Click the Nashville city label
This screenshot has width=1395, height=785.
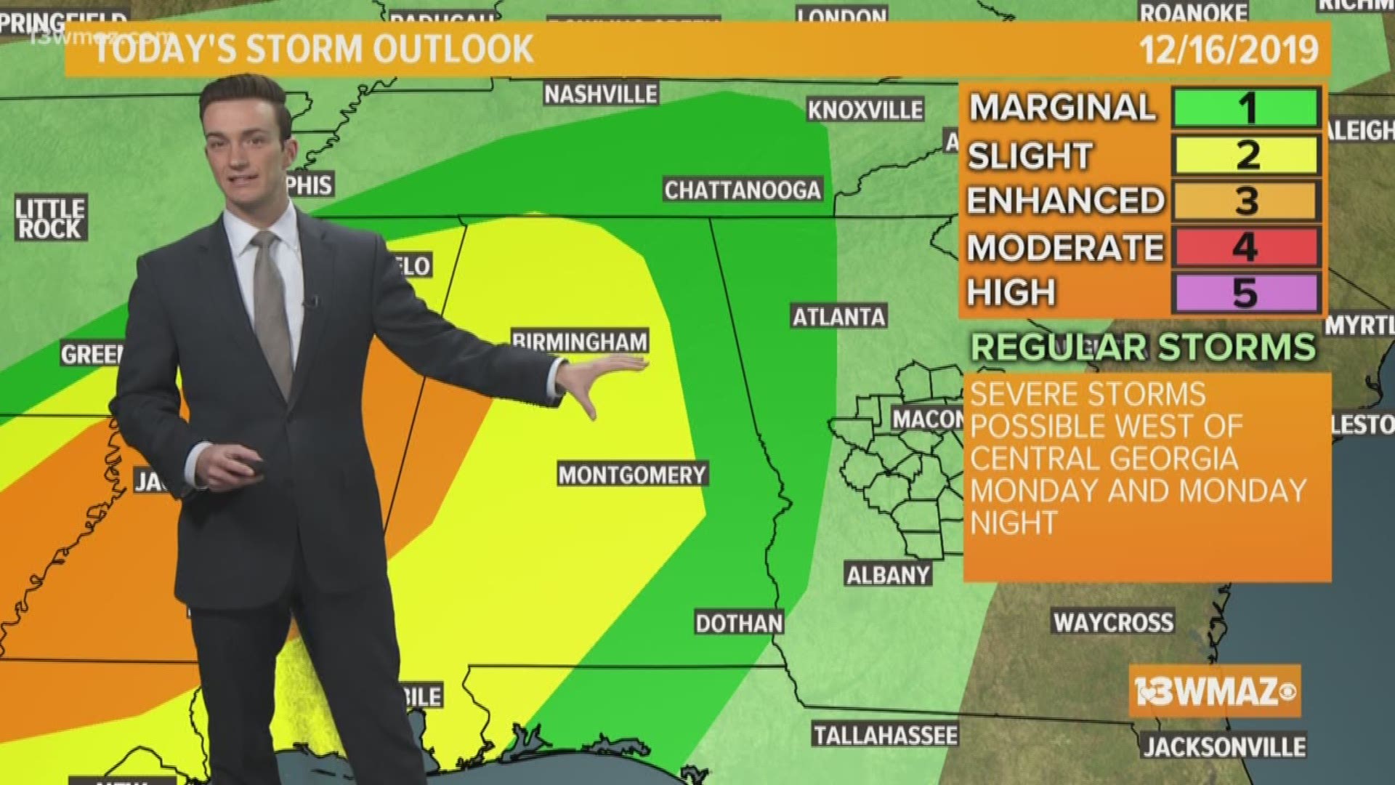point(600,94)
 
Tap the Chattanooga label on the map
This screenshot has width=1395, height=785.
point(742,190)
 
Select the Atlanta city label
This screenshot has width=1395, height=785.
point(838,317)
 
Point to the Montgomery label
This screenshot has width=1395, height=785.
point(632,475)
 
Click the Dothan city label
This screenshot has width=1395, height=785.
point(739,623)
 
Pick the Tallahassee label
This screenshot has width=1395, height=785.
point(885,735)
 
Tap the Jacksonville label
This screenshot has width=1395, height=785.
point(1224,746)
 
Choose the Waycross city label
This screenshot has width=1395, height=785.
point(1113,622)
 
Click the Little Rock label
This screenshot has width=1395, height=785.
point(50,219)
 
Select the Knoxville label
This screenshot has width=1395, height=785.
point(865,110)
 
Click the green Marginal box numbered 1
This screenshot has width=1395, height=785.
point(1245,108)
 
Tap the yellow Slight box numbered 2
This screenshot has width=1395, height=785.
point(1245,155)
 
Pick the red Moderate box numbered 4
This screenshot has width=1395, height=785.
point(1245,247)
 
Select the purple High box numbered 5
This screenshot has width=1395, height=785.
point(1245,293)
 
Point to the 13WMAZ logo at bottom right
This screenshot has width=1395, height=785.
point(1214,691)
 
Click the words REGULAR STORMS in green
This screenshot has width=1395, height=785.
point(1143,347)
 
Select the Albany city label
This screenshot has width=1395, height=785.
point(888,575)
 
